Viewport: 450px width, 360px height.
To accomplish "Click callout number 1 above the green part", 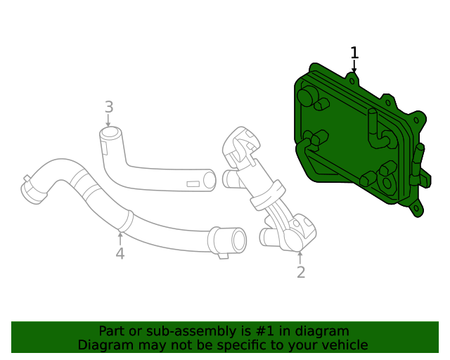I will coord(354,53).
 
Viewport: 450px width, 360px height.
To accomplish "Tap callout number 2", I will coord(301,272).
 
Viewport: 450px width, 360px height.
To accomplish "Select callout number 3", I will coord(109,107).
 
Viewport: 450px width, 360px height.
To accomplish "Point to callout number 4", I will coord(120,253).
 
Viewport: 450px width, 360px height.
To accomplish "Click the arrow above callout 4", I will coord(120,236).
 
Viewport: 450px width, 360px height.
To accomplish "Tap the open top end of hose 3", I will coord(109,133).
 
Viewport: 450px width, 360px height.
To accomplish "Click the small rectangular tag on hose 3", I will coord(193,184).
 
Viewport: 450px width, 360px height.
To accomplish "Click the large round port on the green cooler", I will coord(307,96).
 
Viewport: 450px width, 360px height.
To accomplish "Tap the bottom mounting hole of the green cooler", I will coord(417,208).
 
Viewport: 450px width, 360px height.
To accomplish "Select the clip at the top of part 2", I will coord(239,143).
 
